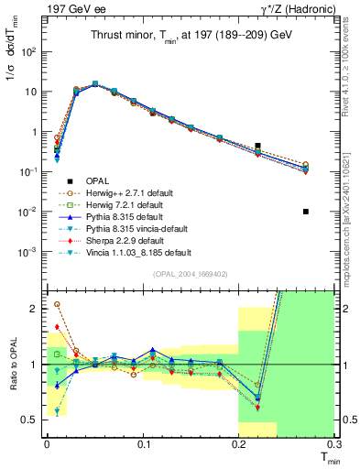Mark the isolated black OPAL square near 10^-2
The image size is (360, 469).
coord(306,212)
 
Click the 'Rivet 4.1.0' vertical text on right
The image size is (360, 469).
coord(352,92)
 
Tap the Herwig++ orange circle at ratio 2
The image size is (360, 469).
coord(57,304)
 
